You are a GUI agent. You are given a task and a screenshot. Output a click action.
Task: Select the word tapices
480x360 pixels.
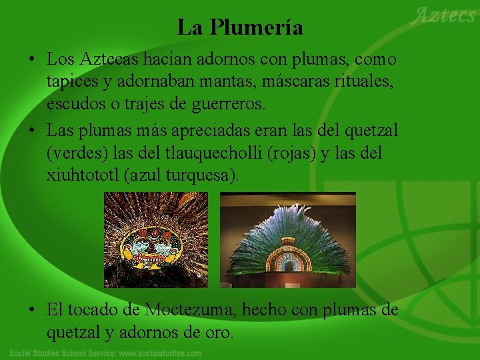pyautogui.click(x=71, y=81)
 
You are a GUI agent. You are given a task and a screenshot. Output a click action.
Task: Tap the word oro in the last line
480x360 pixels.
pyautogui.click(x=219, y=331)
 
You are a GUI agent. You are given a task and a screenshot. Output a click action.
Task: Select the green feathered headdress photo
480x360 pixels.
pyautogui.click(x=288, y=240)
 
